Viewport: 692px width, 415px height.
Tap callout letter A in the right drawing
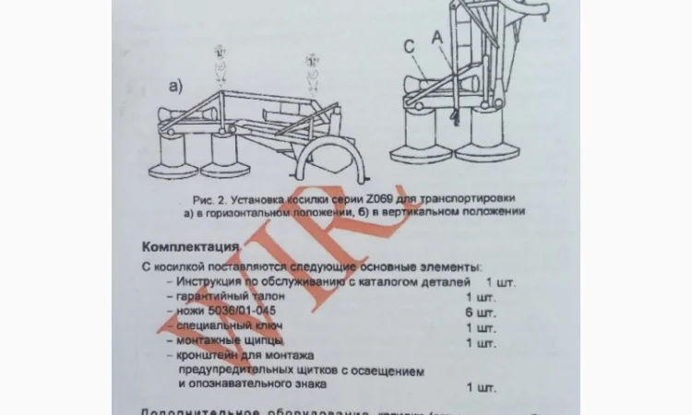point(436,33)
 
